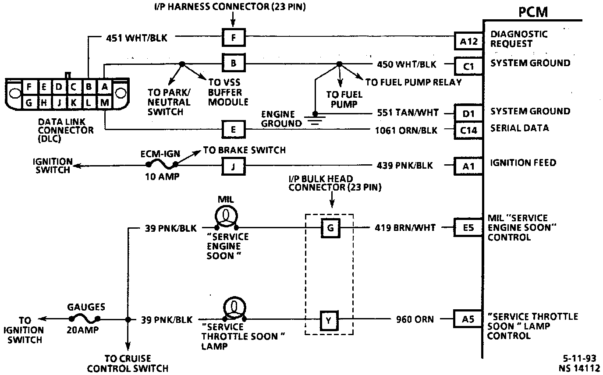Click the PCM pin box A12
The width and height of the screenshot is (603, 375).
click(468, 41)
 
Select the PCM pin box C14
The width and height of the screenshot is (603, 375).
click(468, 131)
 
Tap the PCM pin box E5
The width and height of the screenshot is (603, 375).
click(468, 227)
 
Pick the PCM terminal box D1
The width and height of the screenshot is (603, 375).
click(468, 113)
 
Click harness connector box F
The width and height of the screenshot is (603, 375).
click(234, 37)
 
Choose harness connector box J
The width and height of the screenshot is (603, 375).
click(234, 166)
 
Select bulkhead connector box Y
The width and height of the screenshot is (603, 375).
click(329, 321)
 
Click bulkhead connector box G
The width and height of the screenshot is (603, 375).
click(330, 228)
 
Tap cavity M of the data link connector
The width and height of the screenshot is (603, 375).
click(105, 103)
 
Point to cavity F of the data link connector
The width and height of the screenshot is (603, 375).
click(29, 87)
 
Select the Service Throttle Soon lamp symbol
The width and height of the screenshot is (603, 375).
click(234, 309)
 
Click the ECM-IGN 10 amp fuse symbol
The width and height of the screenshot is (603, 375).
click(162, 164)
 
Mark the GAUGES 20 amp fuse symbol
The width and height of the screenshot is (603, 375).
click(85, 319)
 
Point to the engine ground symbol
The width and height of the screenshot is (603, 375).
click(315, 119)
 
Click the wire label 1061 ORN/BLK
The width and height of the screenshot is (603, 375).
click(406, 131)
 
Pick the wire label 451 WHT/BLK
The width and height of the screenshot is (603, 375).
click(136, 38)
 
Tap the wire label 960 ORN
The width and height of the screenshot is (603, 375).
click(415, 319)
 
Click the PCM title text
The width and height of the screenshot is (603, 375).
click(533, 12)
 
